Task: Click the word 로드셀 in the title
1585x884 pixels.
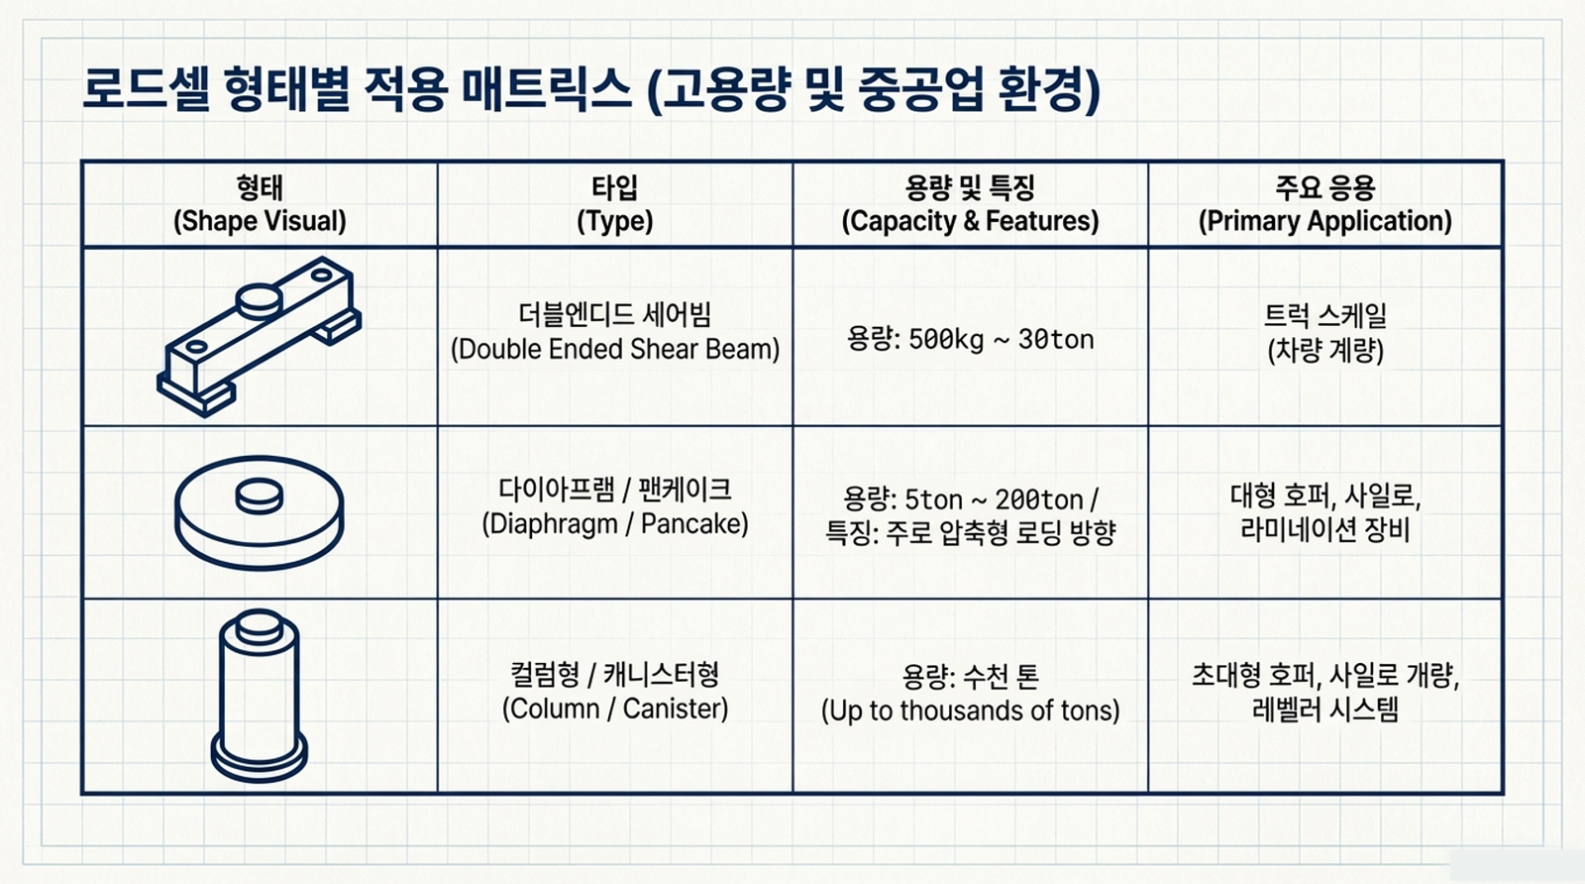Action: coord(146,89)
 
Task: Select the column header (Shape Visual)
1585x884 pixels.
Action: coord(260,221)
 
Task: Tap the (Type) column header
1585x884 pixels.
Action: coord(615,221)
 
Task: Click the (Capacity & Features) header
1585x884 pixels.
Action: coord(970,221)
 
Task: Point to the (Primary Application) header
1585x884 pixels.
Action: coord(1325,221)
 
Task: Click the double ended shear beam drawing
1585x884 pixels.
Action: coord(259,337)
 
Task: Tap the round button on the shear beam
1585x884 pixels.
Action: coord(259,301)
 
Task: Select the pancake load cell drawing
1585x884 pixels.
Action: coord(259,513)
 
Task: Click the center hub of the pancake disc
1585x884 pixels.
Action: coord(259,496)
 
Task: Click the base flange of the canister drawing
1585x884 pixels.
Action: coord(259,759)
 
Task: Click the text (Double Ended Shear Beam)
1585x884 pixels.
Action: coord(615,349)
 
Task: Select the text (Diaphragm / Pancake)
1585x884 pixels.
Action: coord(615,523)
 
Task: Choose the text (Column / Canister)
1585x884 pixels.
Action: coord(615,709)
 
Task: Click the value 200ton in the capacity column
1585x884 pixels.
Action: coord(1039,499)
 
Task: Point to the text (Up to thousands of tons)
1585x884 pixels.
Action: coord(970,710)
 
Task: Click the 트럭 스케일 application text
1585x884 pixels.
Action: coord(1325,316)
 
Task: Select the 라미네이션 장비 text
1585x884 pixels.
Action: coord(1325,530)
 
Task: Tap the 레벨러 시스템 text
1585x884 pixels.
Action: coord(1325,709)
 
